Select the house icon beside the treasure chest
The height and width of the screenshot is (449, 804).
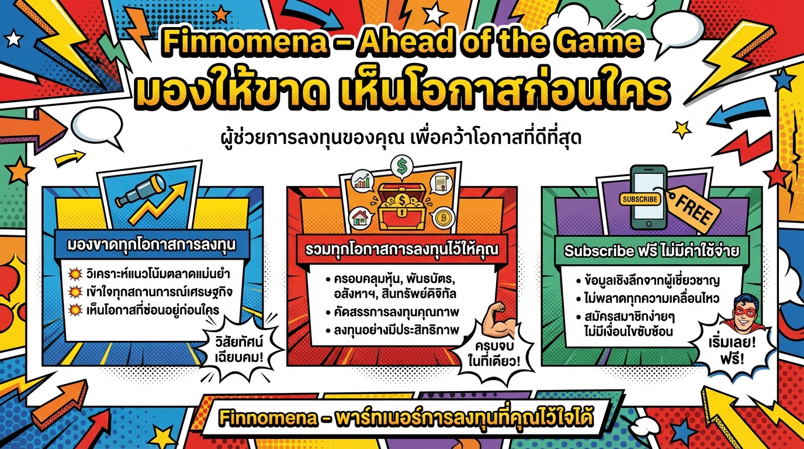pyautogui.click(x=361, y=219)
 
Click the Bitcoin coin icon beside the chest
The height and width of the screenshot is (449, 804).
pyautogui.click(x=445, y=218)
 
